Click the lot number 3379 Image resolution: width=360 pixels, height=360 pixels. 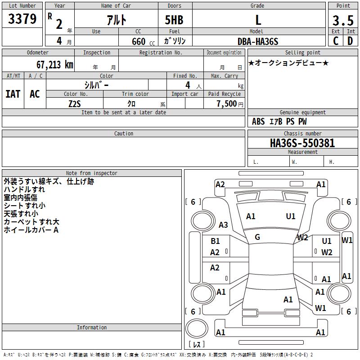pos(22,19)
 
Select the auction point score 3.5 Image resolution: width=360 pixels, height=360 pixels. pos(343,20)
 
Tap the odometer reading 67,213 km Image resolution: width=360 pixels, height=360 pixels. pos(55,65)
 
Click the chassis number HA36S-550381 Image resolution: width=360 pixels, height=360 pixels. pos(302,143)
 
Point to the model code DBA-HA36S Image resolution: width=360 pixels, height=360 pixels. pos(258,41)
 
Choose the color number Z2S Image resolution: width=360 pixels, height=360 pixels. pos(75,104)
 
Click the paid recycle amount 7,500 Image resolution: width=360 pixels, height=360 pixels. pos(227,103)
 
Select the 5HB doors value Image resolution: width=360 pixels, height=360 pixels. pos(174,20)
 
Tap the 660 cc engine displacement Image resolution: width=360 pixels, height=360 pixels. pos(143,42)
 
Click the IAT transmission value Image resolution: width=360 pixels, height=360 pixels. pos(13,94)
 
